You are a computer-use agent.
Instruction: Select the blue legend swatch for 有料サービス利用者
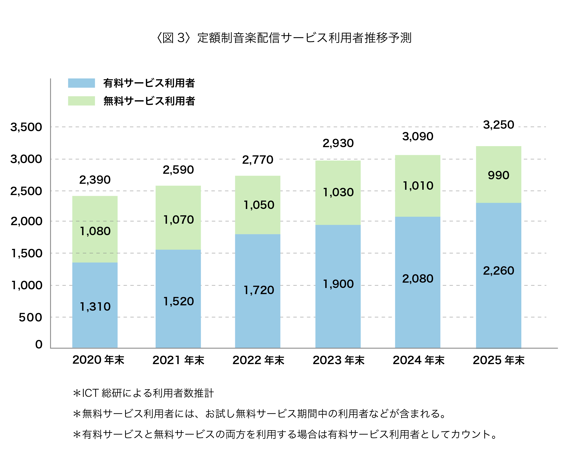coord(81,83)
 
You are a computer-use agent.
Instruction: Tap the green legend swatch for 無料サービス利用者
coord(81,101)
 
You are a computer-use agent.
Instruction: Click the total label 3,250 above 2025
coord(498,125)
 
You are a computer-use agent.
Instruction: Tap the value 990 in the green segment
coord(498,175)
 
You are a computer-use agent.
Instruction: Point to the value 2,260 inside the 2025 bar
coord(498,271)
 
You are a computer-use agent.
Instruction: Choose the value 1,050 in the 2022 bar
coord(259,205)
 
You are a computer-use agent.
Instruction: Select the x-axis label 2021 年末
coord(178,360)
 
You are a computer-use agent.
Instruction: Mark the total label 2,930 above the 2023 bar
coord(338,143)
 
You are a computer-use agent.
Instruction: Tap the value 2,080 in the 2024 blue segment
coord(418,279)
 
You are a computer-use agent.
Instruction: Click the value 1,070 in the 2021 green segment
coord(178,220)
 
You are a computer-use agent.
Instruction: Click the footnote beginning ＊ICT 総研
coord(143,393)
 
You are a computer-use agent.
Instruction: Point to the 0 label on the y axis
coord(39,344)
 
